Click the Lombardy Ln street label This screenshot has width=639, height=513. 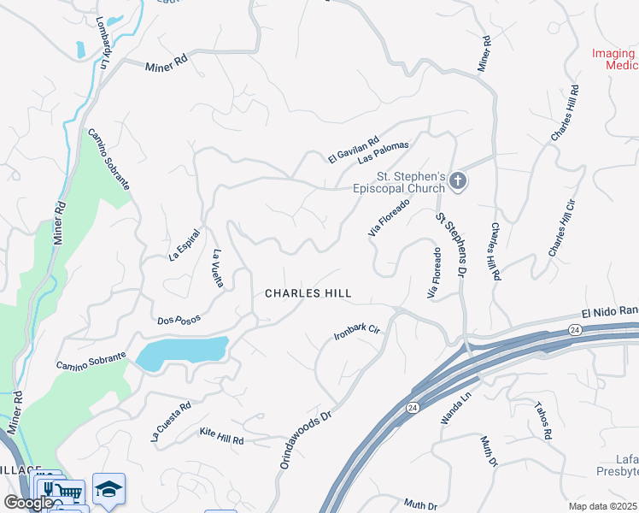[x=103, y=43]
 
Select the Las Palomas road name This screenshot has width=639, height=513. [x=384, y=152]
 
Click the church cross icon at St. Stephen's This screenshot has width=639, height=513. [x=458, y=180]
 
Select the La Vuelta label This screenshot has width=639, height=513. [x=218, y=268]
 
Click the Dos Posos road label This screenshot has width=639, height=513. [x=179, y=320]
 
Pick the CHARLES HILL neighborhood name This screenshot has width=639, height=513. [x=308, y=293]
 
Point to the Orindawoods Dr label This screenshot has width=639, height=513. [x=305, y=440]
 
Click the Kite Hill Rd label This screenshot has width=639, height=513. [x=221, y=436]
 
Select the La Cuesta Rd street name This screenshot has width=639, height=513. [x=170, y=422]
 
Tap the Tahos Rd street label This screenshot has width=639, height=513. [x=543, y=422]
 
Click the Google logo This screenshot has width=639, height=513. [x=28, y=503]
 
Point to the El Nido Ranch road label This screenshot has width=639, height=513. [x=609, y=313]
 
